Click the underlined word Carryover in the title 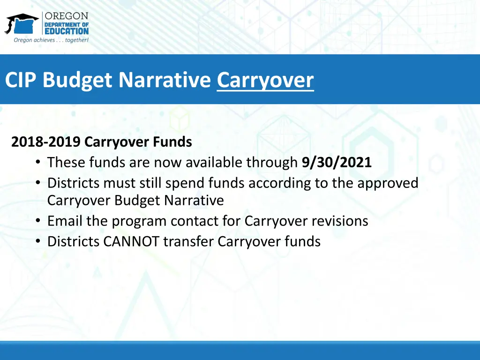click(x=265, y=80)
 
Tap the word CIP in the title click(x=22, y=80)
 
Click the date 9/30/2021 click(x=337, y=163)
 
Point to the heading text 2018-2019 click(x=46, y=142)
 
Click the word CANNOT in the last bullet click(x=131, y=241)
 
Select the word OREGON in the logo click(x=66, y=16)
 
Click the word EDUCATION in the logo click(x=66, y=31)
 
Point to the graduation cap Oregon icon click(x=21, y=23)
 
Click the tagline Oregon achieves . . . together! click(x=51, y=40)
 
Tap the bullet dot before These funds click(x=38, y=163)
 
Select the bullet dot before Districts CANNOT click(x=38, y=242)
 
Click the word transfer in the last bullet click(x=189, y=241)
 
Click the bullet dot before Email click(x=38, y=221)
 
